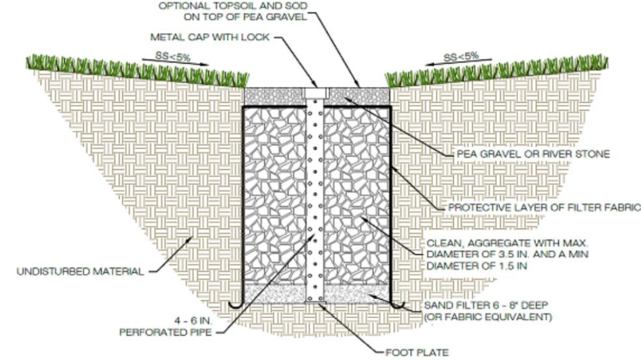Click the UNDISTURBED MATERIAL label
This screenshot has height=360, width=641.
coord(80,272)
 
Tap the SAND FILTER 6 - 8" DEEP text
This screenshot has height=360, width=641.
coord(486,305)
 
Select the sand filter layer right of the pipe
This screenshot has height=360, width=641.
coord(357,293)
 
